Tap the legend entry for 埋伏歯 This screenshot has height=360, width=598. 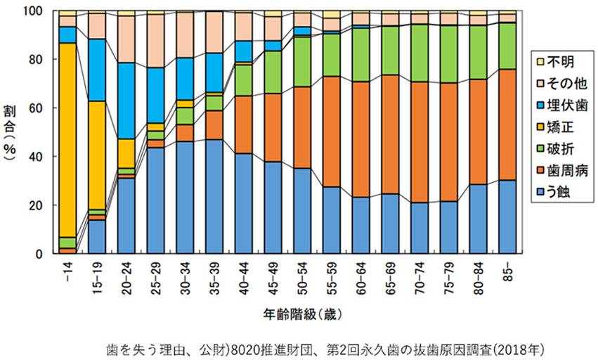pyautogui.click(x=561, y=108)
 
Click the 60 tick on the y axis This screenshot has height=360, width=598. pyautogui.click(x=45, y=108)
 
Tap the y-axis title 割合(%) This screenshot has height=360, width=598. pyautogui.click(x=13, y=134)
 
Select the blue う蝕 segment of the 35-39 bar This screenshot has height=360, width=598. pyautogui.click(x=215, y=197)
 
